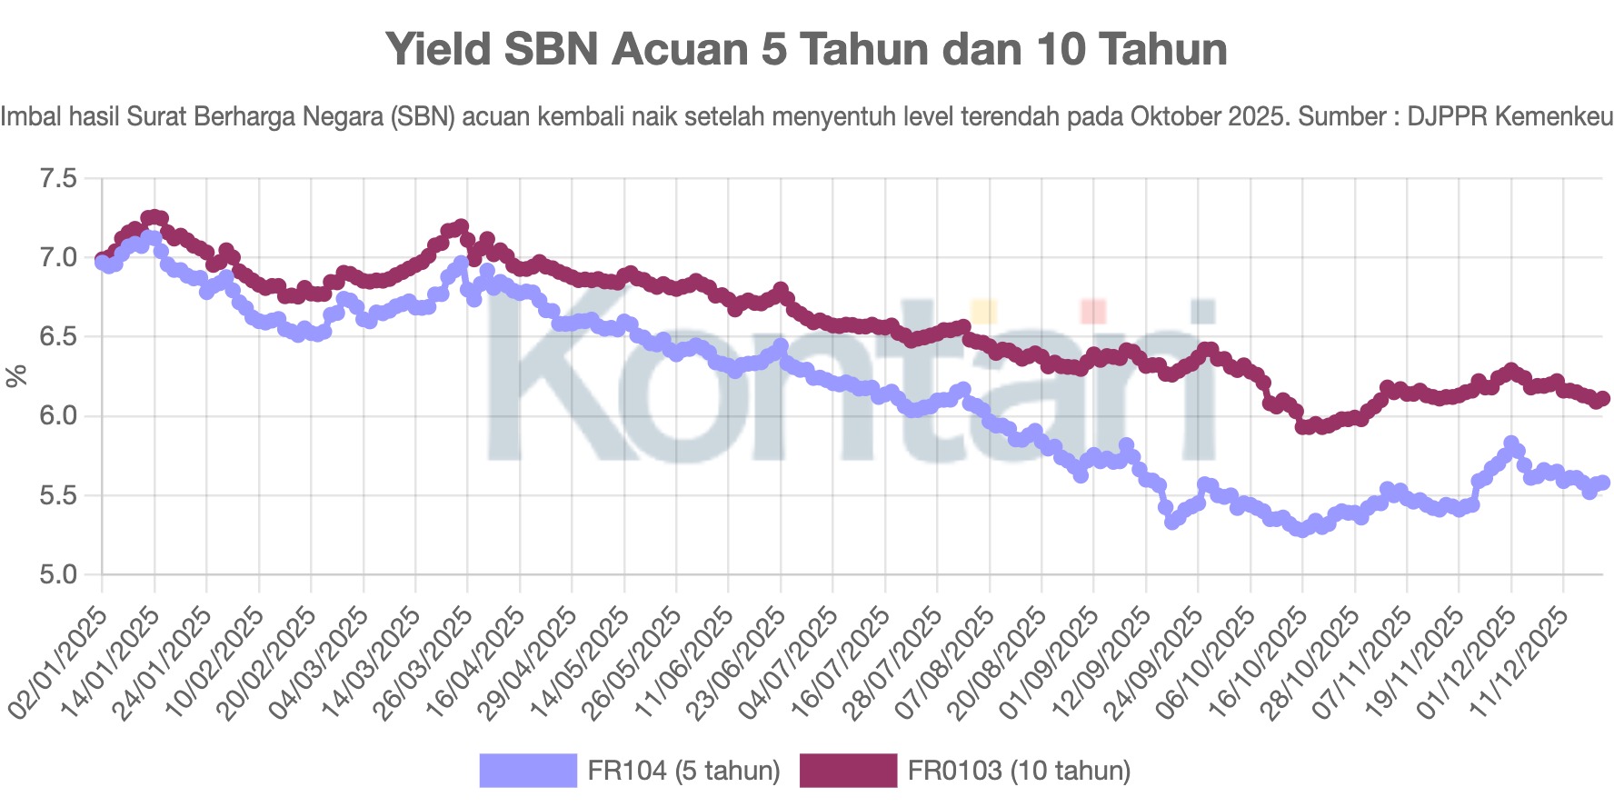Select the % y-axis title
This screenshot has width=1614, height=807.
pos(16,376)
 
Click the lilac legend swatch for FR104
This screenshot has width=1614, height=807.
pos(528,771)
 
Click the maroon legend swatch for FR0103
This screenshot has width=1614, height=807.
pos(848,771)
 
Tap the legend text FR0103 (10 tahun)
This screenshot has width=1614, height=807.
pos(1019,771)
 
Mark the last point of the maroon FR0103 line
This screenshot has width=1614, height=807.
pos(1602,399)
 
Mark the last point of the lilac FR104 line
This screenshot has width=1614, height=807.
pos(1602,483)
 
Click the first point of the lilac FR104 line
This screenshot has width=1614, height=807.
pos(102,262)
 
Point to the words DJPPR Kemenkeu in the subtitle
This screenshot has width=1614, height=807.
pos(1509,117)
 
